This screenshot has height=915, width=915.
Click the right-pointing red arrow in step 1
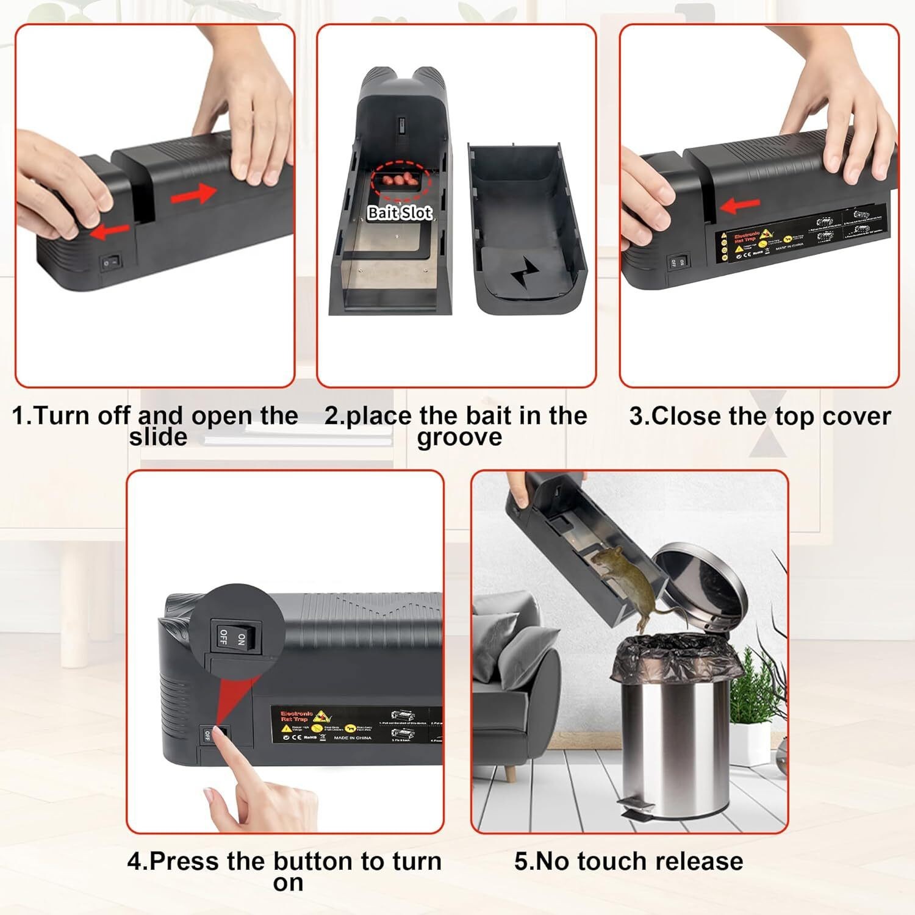coord(193,194)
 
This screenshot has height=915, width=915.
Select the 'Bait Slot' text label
coord(400,212)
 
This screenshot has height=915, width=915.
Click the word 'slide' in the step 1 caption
coord(158,437)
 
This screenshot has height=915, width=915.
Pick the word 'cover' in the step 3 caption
coord(856,417)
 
